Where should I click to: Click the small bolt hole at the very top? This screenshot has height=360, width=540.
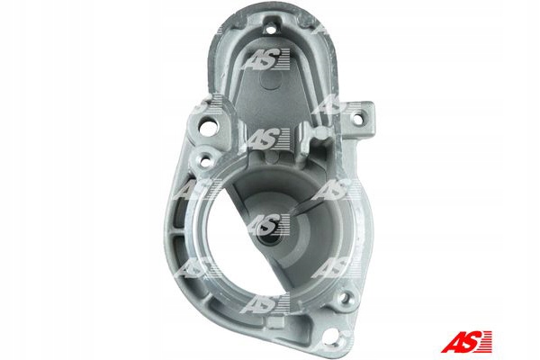pyautogui.click(x=272, y=30)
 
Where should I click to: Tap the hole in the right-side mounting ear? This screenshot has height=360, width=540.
pyautogui.click(x=356, y=120)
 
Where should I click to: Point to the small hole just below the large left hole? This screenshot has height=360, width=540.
pyautogui.click(x=205, y=160)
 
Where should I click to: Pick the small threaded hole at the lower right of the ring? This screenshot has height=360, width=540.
pyautogui.click(x=346, y=298)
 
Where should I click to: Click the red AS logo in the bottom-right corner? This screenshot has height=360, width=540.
pyautogui.click(x=466, y=342)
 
